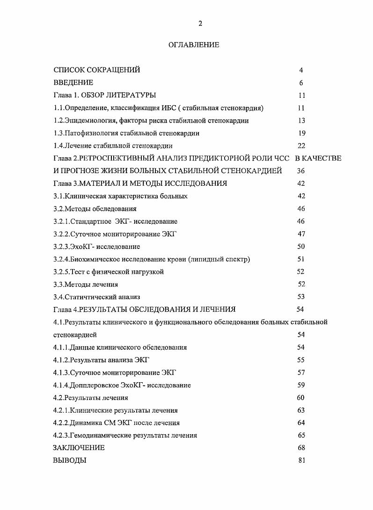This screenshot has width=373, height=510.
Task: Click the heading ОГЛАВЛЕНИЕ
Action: (x=194, y=45)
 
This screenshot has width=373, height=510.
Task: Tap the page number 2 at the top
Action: (x=200, y=24)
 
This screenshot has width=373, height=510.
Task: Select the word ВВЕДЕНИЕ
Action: (x=73, y=83)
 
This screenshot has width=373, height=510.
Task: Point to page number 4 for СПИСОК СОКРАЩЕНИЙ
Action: (x=301, y=70)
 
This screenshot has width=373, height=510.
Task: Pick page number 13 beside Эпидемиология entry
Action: (x=301, y=121)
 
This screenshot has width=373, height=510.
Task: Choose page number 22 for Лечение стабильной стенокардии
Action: (x=301, y=146)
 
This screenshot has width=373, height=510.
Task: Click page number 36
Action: (x=301, y=171)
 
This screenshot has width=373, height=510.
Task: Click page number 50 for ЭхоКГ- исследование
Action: (x=301, y=247)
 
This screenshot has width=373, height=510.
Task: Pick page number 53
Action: (x=301, y=297)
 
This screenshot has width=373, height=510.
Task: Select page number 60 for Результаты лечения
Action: (x=301, y=398)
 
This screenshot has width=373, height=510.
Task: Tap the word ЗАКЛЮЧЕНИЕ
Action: (x=79, y=448)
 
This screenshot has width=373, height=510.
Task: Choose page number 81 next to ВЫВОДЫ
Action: (x=301, y=460)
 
